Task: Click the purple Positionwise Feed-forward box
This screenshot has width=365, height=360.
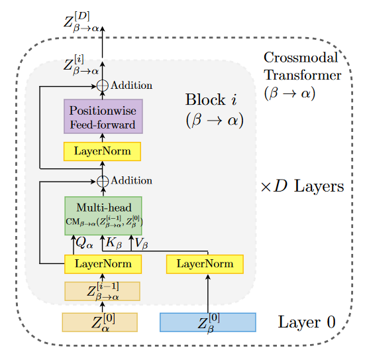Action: (103, 117)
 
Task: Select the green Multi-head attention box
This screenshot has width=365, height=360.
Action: (103, 215)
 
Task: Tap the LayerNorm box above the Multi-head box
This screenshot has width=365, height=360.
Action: (103, 152)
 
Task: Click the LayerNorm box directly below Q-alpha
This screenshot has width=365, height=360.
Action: (103, 264)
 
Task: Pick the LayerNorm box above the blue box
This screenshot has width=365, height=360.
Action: (204, 264)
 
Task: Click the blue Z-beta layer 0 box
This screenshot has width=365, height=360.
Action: (207, 322)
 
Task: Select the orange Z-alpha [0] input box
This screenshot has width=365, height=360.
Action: (99, 322)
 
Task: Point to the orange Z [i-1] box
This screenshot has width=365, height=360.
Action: (102, 292)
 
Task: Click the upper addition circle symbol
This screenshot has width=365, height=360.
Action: (103, 86)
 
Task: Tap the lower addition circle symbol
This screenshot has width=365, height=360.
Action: (103, 180)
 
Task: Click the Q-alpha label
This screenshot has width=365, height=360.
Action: (85, 243)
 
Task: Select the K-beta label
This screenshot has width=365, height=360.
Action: (114, 243)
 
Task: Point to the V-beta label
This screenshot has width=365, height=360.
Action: (141, 243)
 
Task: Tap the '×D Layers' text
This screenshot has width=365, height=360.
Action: (302, 186)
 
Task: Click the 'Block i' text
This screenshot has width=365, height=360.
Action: (211, 100)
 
